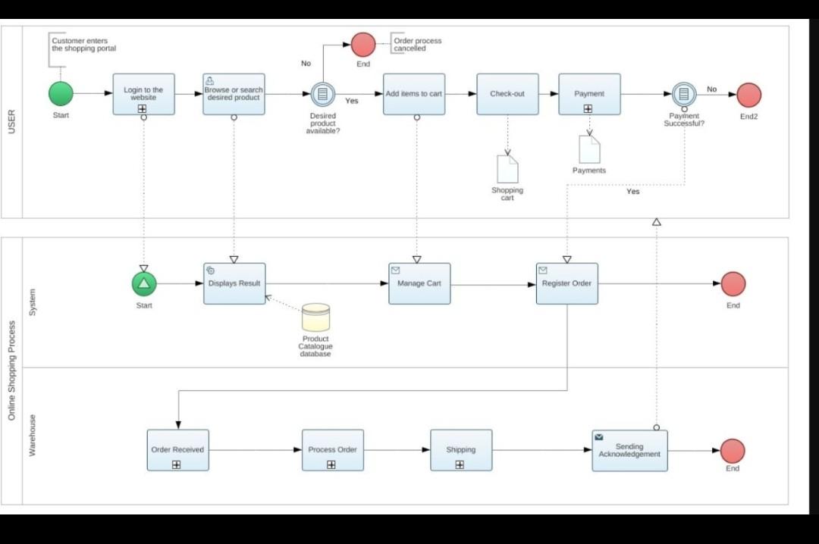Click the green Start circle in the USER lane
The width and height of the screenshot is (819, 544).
pyautogui.click(x=61, y=94)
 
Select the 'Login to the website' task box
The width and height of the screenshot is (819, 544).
pyautogui.click(x=143, y=94)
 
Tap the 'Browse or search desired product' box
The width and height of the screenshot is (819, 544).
pyautogui.click(x=234, y=94)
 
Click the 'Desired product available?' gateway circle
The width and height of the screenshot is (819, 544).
pyautogui.click(x=323, y=94)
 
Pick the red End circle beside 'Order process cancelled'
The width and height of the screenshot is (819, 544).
pyautogui.click(x=363, y=45)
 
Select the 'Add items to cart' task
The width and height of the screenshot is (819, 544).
pyautogui.click(x=413, y=94)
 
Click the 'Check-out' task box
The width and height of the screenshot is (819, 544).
pyautogui.click(x=507, y=94)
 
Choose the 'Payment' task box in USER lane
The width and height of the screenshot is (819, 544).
pyautogui.click(x=589, y=94)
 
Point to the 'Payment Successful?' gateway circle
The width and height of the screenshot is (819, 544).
pyautogui.click(x=683, y=94)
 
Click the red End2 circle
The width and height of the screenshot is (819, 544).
pyautogui.click(x=748, y=95)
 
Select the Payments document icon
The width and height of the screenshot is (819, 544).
pyautogui.click(x=589, y=149)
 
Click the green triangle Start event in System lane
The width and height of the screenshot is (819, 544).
pyautogui.click(x=143, y=284)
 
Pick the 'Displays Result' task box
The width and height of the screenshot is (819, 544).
pyautogui.click(x=234, y=283)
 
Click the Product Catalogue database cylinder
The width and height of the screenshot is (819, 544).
pyautogui.click(x=315, y=317)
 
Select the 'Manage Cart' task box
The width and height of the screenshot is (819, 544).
pyautogui.click(x=419, y=283)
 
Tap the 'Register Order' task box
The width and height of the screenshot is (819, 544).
pyautogui.click(x=566, y=283)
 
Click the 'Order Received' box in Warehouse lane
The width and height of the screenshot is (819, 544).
pyautogui.click(x=177, y=450)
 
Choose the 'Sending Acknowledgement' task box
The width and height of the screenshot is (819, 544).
pyautogui.click(x=629, y=450)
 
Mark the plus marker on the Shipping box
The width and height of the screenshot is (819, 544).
pyautogui.click(x=460, y=464)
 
